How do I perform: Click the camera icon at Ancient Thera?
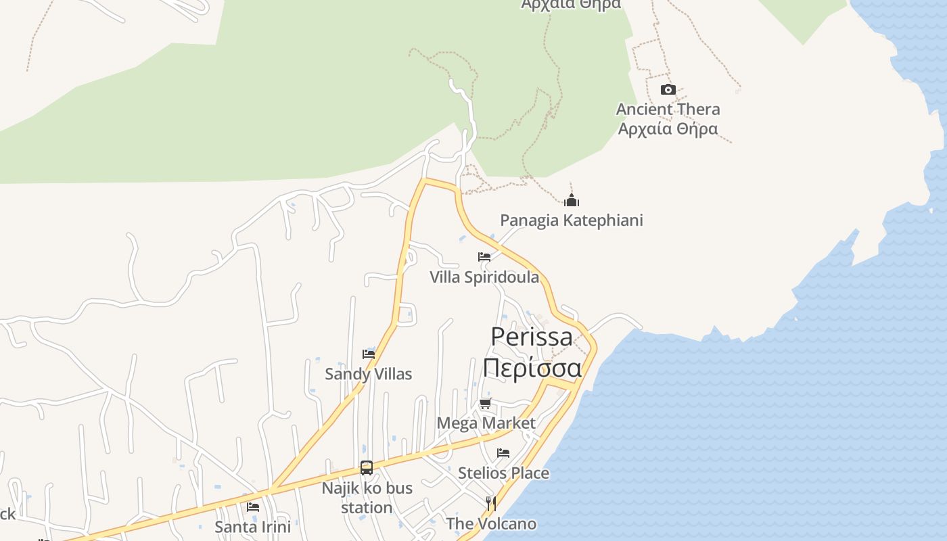pos(668,90)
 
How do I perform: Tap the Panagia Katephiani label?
pos(572,220)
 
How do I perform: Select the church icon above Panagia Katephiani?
pos(572,200)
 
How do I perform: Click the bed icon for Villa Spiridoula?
pos(484,257)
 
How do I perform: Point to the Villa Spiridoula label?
pos(484,277)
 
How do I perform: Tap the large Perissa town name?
pos(532,336)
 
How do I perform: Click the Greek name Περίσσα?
pos(532,369)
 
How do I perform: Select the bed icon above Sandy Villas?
pos(369,354)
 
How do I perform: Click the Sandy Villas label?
pos(369,374)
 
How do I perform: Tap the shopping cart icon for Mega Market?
pos(485,404)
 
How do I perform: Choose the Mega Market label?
pos(486,423)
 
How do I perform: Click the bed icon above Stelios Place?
pos(503,453)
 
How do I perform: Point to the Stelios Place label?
pos(503,473)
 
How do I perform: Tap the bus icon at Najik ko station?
pos(367,467)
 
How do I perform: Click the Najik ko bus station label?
pos(367,498)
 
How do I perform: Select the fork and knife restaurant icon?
pos(491,504)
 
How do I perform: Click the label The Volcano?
pos(491,523)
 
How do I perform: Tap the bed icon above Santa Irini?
pos(253,507)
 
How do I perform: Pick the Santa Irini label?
pos(253,527)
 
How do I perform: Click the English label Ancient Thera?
pos(668,109)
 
